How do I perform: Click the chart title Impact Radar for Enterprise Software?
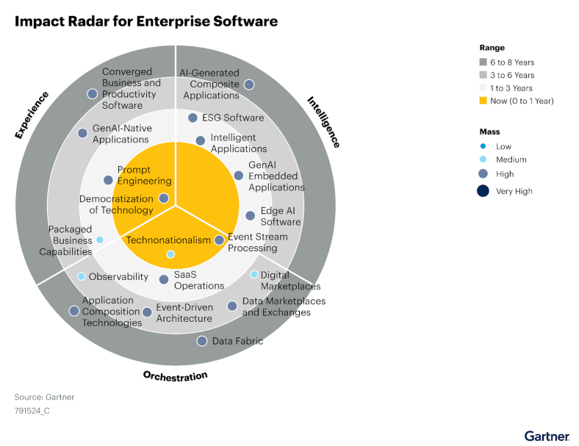[x=146, y=21]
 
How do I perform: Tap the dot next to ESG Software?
[x=193, y=118]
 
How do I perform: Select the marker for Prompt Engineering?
[x=109, y=180]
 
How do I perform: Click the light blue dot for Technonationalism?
[x=170, y=254]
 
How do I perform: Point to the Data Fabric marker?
[x=201, y=341]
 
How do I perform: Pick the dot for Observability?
[x=81, y=277]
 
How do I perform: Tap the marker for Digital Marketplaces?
[x=254, y=275]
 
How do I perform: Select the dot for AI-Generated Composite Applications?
[x=249, y=84]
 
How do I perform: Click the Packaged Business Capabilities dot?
[x=99, y=240]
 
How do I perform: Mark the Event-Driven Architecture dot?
[x=147, y=312]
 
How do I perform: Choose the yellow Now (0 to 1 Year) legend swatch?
[x=483, y=101]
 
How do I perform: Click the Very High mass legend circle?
[x=483, y=191]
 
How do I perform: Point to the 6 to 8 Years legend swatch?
[x=483, y=62]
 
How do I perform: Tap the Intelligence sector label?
[x=323, y=122]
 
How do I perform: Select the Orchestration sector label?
[x=175, y=375]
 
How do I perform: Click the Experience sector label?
[x=32, y=115]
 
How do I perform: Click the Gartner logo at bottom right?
[x=546, y=436]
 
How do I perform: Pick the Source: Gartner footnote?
[x=44, y=397]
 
